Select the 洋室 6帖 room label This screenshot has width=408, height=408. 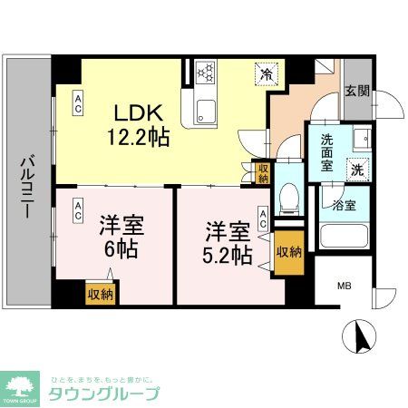click(118, 237)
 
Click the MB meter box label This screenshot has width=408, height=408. click(345, 287)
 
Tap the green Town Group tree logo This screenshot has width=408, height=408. click(22, 386)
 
